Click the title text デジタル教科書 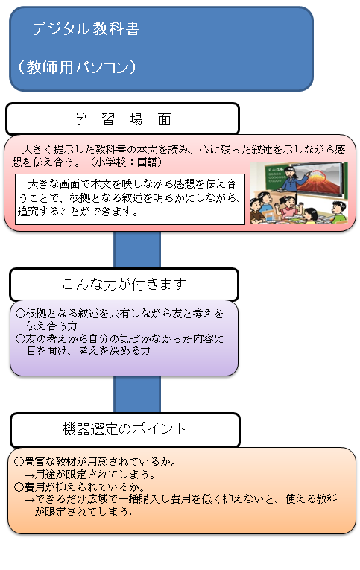[x=86, y=28]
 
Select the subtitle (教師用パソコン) [x=77, y=67]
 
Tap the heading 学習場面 [x=122, y=119]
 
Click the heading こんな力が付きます [x=124, y=285]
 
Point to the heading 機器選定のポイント [x=124, y=429]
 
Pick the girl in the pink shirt [x=288, y=207]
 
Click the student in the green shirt [x=339, y=212]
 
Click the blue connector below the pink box [x=137, y=250]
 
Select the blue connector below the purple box [x=137, y=394]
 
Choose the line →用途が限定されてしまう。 [x=90, y=475]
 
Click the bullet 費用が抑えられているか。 [x=80, y=487]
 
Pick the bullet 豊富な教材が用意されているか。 [x=95, y=462]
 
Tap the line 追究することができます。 [x=78, y=211]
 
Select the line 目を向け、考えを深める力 [x=89, y=351]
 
